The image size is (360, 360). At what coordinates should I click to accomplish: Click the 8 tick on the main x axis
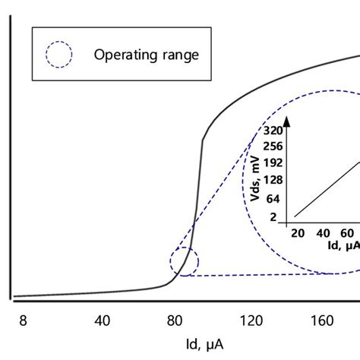[x=23, y=321]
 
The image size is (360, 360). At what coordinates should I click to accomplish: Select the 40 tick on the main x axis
[x=102, y=321]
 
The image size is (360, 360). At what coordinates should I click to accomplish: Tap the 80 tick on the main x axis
[x=177, y=321]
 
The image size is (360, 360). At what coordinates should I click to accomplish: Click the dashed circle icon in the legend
[x=58, y=54]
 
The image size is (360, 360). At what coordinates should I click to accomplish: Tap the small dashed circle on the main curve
[x=184, y=262]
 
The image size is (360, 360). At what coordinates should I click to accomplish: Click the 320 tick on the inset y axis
[x=271, y=130]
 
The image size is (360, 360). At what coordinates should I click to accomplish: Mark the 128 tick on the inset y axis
[x=271, y=179]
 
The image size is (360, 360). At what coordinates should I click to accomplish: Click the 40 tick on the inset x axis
[x=322, y=232]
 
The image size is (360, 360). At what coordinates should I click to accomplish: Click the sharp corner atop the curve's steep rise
[x=203, y=141]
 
